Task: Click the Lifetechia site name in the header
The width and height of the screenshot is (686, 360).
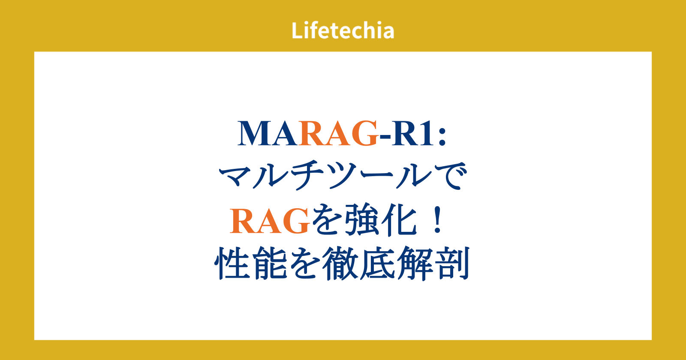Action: tap(343, 30)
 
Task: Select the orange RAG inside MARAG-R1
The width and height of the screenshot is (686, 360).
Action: tap(338, 133)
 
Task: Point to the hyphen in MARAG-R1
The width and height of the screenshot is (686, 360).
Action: tap(385, 137)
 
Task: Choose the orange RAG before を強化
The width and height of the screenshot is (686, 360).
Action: tap(270, 221)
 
